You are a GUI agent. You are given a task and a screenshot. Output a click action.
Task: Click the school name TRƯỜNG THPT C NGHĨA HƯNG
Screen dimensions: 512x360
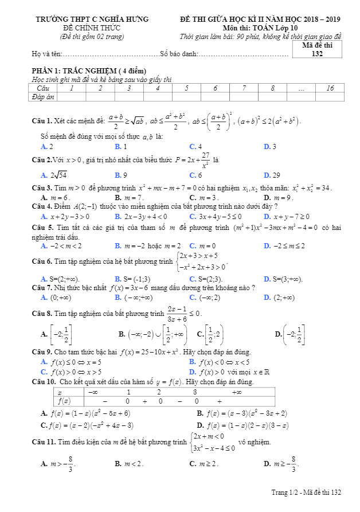tap(92, 19)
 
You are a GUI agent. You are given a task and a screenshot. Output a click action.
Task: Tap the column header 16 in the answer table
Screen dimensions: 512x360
tap(330, 88)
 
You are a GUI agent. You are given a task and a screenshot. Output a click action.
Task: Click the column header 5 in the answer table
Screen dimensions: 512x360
tap(186, 88)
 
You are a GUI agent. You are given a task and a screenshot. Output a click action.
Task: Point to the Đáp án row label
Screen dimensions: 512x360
tap(43, 97)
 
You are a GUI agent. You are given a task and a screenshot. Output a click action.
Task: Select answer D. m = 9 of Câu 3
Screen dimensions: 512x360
tap(278, 197)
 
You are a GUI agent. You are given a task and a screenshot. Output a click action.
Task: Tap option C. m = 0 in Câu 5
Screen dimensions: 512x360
tap(201, 246)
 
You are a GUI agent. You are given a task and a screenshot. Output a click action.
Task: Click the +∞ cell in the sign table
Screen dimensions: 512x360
tap(236, 392)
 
